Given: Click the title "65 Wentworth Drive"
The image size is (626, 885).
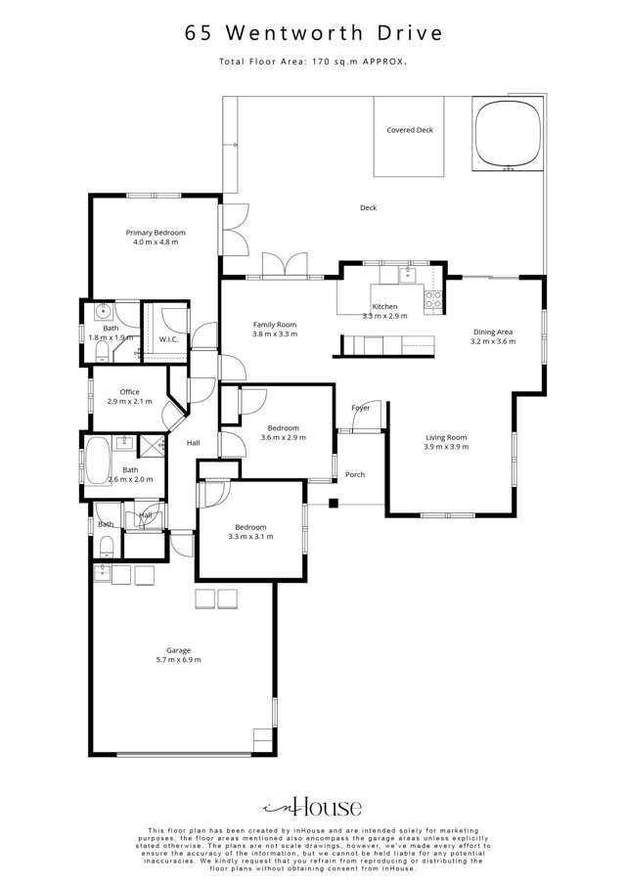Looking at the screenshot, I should [313, 33].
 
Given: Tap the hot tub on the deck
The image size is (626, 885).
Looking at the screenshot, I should [508, 133].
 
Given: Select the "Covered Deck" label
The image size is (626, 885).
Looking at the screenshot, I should [409, 130].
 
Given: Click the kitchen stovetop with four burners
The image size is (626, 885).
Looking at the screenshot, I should [432, 301].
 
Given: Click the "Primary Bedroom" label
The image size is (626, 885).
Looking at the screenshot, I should [155, 233].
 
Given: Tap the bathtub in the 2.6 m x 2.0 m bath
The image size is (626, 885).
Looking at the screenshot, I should [97, 462].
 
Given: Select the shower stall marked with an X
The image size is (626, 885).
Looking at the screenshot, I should [152, 446].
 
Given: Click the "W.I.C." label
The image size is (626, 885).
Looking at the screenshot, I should [167, 339].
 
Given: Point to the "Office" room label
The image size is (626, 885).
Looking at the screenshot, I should [123, 391].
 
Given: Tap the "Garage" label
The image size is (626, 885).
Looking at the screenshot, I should [178, 650].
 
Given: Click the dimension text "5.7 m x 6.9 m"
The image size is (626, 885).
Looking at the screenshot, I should [178, 661].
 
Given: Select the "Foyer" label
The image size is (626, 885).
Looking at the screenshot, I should [360, 408].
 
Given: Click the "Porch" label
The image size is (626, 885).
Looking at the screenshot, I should [355, 474].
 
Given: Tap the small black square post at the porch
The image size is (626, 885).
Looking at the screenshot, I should [333, 505].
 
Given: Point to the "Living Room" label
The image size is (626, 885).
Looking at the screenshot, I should [445, 437].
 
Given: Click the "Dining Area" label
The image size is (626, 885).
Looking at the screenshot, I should [493, 332].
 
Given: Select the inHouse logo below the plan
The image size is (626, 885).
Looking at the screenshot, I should [312, 807].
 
